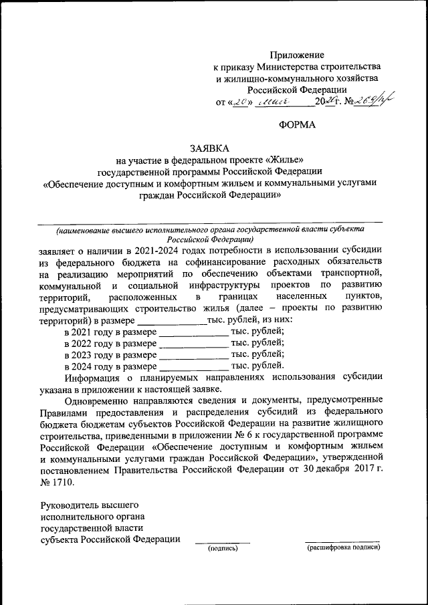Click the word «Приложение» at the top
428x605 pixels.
pos(297,55)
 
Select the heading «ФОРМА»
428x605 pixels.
pos(296,125)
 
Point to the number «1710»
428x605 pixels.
pos(65,481)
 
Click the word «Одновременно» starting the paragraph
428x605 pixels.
pos(97,400)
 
